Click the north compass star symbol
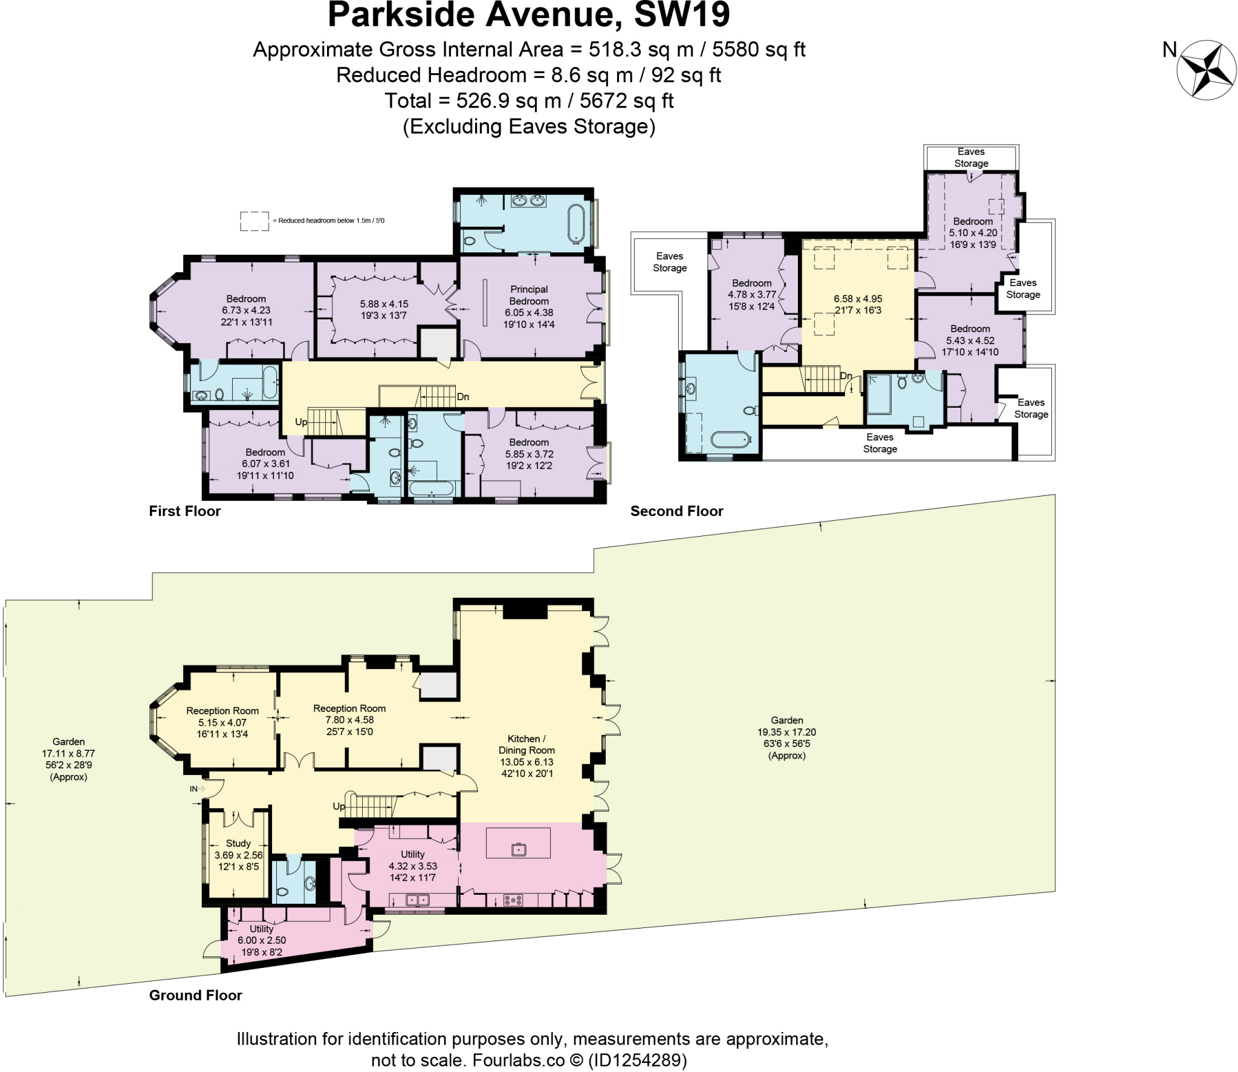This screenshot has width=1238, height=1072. (x=1207, y=70)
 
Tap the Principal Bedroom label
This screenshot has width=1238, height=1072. (x=529, y=295)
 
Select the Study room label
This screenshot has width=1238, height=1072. (x=238, y=843)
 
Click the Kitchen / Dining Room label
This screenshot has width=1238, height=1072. (x=527, y=745)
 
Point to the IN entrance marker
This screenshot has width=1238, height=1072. (x=193, y=789)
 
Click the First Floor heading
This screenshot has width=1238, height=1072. (x=185, y=511)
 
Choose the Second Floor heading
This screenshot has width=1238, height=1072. (x=676, y=511)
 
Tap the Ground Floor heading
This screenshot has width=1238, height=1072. (x=195, y=995)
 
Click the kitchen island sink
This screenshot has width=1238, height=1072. (x=519, y=849)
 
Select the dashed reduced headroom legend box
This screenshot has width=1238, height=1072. (x=254, y=221)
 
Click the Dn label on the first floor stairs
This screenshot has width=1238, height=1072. (x=463, y=397)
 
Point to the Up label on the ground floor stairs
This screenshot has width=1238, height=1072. (x=339, y=806)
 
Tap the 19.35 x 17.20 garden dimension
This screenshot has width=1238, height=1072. (x=786, y=732)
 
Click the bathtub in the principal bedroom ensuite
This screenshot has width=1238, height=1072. (x=575, y=224)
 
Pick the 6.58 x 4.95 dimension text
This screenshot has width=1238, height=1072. (x=858, y=299)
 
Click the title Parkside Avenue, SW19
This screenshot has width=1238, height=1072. (x=528, y=15)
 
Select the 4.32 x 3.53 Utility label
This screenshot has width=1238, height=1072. (x=412, y=866)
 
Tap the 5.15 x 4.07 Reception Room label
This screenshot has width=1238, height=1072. (x=222, y=722)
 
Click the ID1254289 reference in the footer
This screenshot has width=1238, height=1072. (x=638, y=1060)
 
